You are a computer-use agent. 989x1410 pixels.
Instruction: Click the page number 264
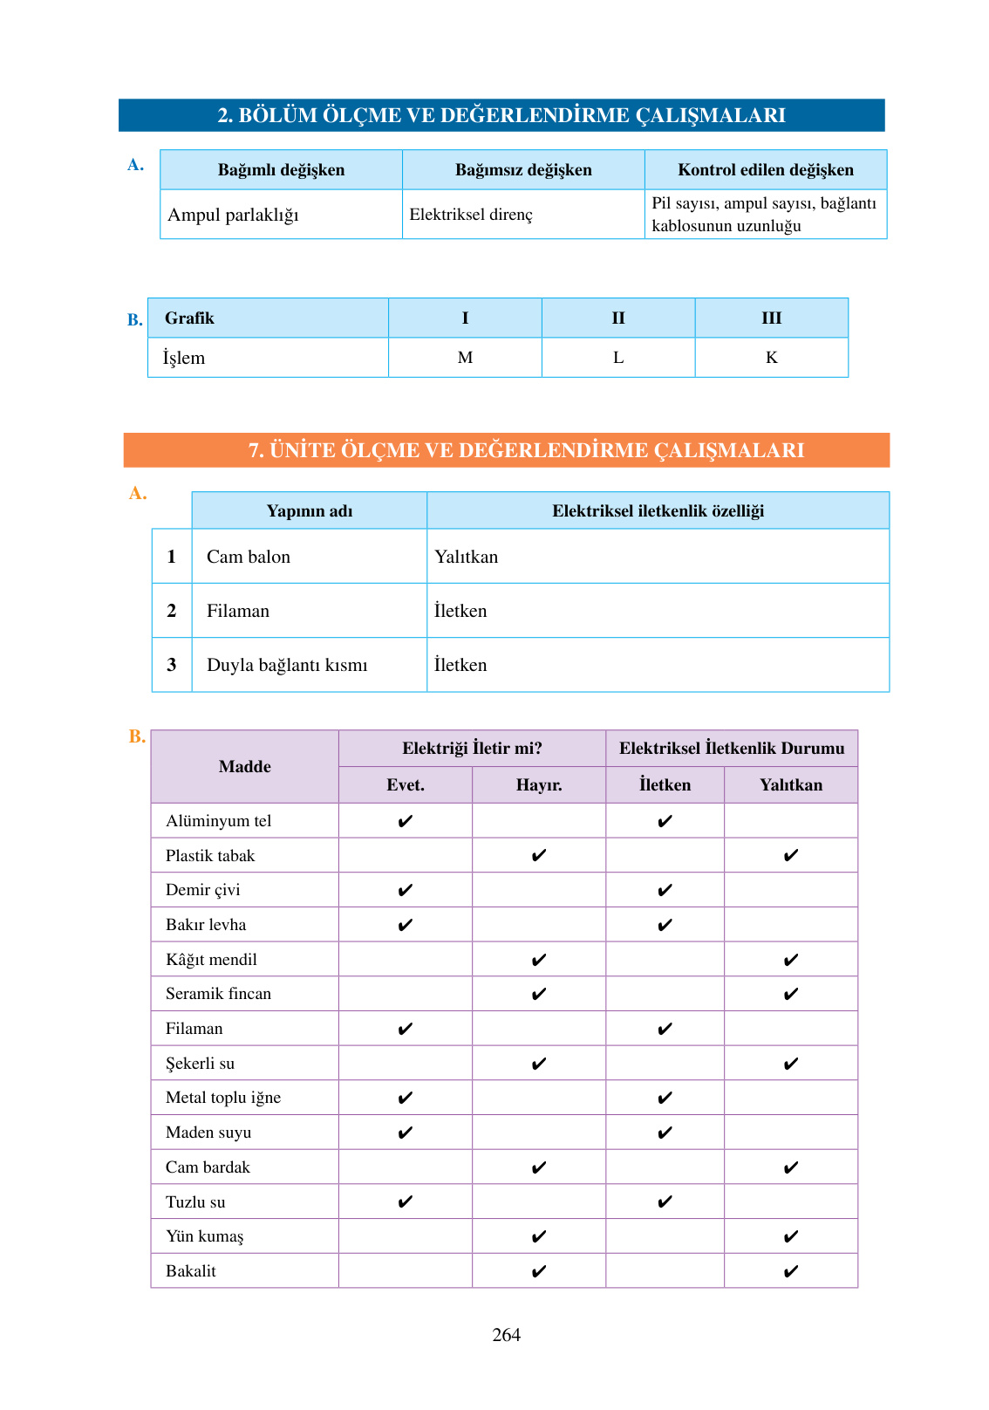[x=506, y=1334]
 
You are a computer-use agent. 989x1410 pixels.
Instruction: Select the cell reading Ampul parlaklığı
[x=233, y=215]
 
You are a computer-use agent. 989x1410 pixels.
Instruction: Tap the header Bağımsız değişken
[x=523, y=170]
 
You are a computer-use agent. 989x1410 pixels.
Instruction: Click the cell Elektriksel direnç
[x=471, y=215]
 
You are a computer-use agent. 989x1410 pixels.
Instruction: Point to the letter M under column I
[x=465, y=358]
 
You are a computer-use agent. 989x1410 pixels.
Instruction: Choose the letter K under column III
[x=771, y=358]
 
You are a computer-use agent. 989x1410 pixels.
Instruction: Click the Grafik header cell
[x=189, y=318]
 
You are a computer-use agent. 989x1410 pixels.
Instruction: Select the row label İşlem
[x=184, y=358]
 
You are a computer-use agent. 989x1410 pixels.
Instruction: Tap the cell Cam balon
[x=249, y=557]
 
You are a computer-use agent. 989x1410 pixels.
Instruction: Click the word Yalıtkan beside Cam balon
[x=467, y=557]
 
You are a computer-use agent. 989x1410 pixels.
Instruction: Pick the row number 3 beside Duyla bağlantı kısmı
[x=172, y=665]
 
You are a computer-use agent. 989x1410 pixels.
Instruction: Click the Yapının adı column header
[x=310, y=511]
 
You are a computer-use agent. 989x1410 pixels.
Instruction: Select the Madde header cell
[x=245, y=767]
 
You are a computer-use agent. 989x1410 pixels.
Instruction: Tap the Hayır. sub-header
[x=539, y=785]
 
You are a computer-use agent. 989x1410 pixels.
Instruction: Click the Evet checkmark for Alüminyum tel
[x=406, y=821]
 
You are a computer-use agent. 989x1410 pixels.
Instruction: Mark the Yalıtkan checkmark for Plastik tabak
[x=791, y=856]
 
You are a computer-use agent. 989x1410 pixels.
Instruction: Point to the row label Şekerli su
[x=200, y=1064]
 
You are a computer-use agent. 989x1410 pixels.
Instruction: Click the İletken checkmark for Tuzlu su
[x=665, y=1202]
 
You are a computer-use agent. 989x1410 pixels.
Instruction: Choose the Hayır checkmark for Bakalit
[x=539, y=1271]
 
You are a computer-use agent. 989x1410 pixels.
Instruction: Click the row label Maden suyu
[x=208, y=1133]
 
